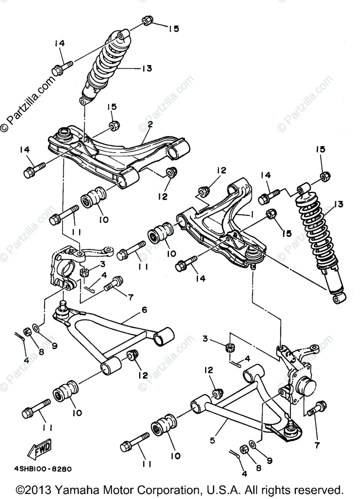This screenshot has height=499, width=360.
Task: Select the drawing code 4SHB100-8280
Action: coord(43,469)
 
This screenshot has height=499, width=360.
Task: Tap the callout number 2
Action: coord(150,124)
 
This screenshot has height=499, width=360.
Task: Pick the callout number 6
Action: coord(144,310)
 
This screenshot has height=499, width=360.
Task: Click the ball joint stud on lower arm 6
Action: coord(62,306)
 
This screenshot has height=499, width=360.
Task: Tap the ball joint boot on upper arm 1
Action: coord(253,255)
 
